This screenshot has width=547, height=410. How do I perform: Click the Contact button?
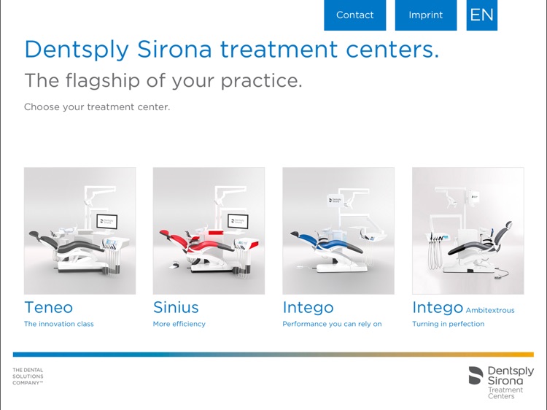point(354,15)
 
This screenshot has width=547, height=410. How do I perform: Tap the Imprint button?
point(425,15)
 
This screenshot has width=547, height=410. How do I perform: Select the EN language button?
point(481,15)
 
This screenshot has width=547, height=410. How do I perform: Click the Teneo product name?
point(48,307)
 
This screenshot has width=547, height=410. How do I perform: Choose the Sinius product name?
point(176,307)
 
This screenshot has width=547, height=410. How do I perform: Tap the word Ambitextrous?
point(489,310)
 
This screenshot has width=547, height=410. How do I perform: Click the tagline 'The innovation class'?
point(59,324)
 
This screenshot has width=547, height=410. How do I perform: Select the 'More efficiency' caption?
point(179,324)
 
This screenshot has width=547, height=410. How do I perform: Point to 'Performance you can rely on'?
point(332,324)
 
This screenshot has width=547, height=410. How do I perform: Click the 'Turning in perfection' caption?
point(448,324)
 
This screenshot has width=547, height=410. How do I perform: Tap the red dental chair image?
point(209,231)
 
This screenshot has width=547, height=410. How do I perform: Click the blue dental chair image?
point(338,231)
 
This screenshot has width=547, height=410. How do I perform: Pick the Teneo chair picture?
point(79,231)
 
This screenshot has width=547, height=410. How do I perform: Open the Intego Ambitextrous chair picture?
point(468,231)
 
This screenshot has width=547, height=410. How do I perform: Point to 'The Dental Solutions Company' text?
point(28,376)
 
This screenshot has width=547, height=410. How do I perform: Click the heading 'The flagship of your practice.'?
point(163,80)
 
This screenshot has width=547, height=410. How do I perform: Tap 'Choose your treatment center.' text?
point(97,107)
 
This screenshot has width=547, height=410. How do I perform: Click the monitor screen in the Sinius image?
point(238,220)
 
